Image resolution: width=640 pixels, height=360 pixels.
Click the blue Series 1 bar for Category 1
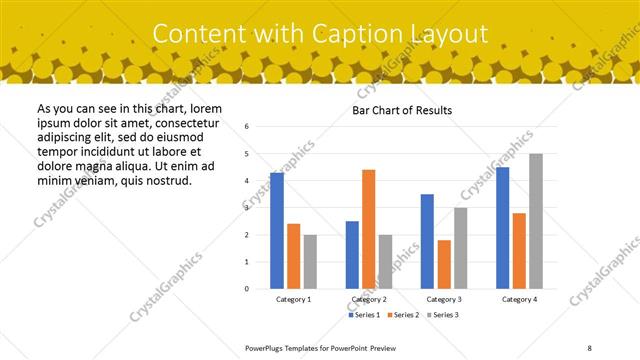click(277, 230)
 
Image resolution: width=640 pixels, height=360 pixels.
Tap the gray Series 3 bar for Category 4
click(536, 221)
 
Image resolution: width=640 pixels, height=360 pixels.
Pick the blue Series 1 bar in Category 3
click(427, 241)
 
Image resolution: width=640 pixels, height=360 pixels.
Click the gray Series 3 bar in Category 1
click(311, 261)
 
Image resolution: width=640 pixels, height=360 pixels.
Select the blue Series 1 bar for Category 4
click(502, 227)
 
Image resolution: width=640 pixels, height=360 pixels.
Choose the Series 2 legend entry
click(403, 315)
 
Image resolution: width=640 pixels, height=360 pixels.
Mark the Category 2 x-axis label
click(369, 299)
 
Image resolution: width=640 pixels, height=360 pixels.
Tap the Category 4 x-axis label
click(519, 299)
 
